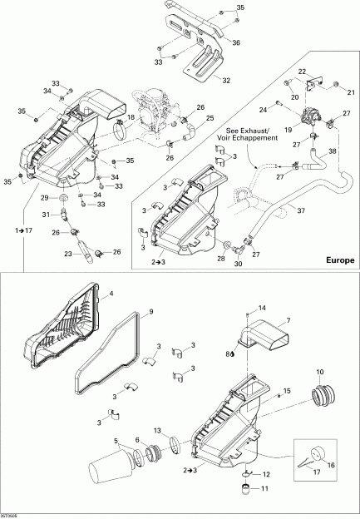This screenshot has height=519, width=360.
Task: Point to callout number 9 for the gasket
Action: click(x=150, y=313)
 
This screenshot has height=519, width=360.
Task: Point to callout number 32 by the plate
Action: click(x=226, y=81)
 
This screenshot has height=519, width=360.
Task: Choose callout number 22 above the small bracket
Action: click(x=302, y=72)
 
